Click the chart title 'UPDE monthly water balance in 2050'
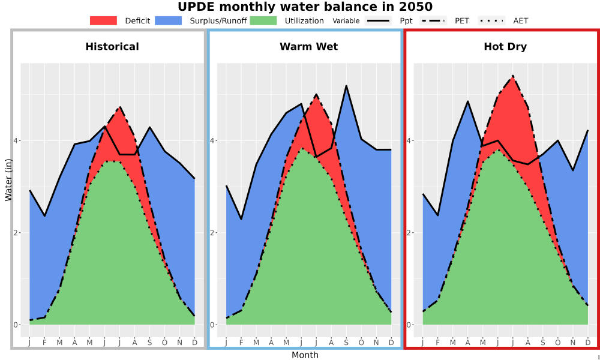tap(305, 7)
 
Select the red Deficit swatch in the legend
tap(103, 20)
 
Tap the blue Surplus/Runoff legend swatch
tap(169, 20)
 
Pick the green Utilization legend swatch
tap(263, 20)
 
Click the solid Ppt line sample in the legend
tap(377, 20)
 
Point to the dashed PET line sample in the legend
tap(433, 20)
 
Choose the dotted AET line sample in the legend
tap(492, 20)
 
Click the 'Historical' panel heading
tap(112, 47)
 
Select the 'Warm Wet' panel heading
tap(309, 47)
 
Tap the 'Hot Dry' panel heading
tap(505, 47)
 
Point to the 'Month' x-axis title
tap(305, 355)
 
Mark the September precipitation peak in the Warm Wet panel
tap(346, 86)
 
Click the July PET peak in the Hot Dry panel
tap(513, 76)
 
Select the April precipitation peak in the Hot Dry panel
tap(467, 101)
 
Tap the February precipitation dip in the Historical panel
tap(45, 216)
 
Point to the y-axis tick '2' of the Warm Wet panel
tap(212, 233)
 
